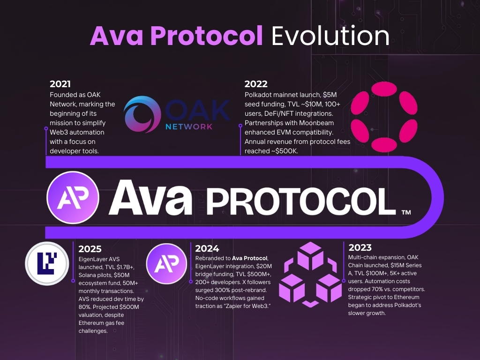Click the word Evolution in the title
330,36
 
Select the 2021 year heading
60,84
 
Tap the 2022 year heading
256,84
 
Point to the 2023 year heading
360,247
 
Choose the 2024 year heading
207,248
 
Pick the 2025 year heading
90,249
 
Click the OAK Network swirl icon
142,114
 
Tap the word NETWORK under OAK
189,126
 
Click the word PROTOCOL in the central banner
300,198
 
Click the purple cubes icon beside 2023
310,271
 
